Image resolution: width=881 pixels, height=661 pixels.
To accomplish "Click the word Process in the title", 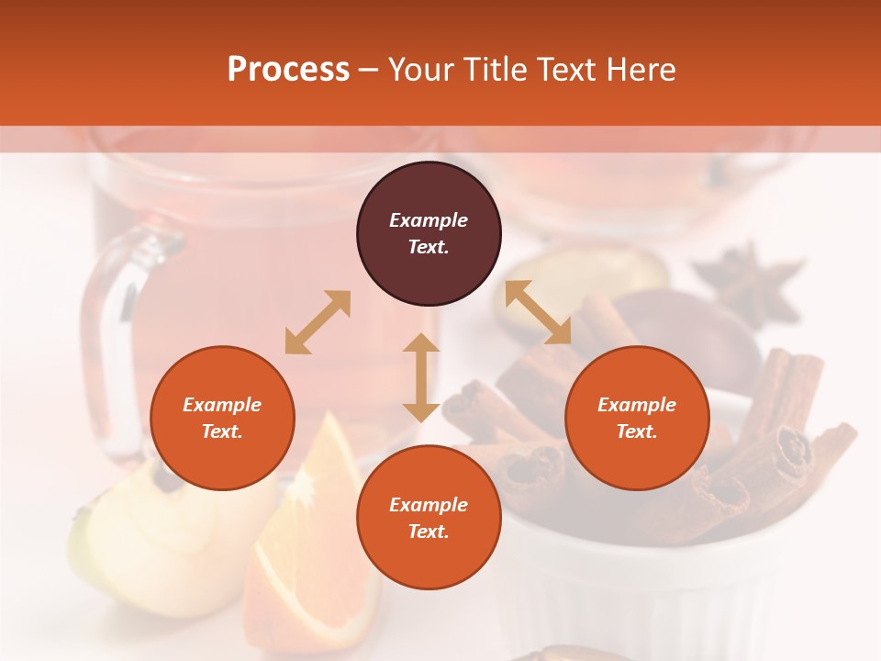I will (288, 70).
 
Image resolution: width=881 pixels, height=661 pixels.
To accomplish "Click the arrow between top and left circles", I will (318, 322).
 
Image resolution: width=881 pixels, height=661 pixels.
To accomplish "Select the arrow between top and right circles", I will (538, 313).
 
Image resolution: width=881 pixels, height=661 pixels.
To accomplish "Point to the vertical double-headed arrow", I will (421, 377).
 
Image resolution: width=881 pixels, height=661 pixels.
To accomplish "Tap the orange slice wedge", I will (317, 542).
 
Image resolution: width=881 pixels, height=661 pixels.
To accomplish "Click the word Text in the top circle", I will (428, 247).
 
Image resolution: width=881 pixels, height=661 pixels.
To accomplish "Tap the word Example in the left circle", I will (222, 405).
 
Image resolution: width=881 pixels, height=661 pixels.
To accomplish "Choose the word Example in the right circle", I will (637, 405).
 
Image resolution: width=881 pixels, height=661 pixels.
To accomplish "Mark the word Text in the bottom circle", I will (428, 532).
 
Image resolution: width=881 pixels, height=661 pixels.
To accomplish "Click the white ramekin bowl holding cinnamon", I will (642, 588).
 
